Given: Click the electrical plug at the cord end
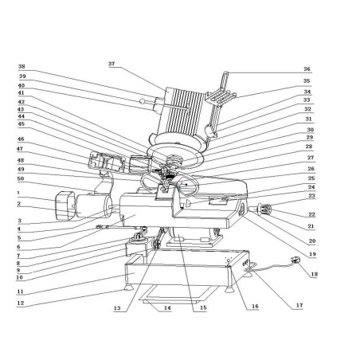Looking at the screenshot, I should pos(298,260).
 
